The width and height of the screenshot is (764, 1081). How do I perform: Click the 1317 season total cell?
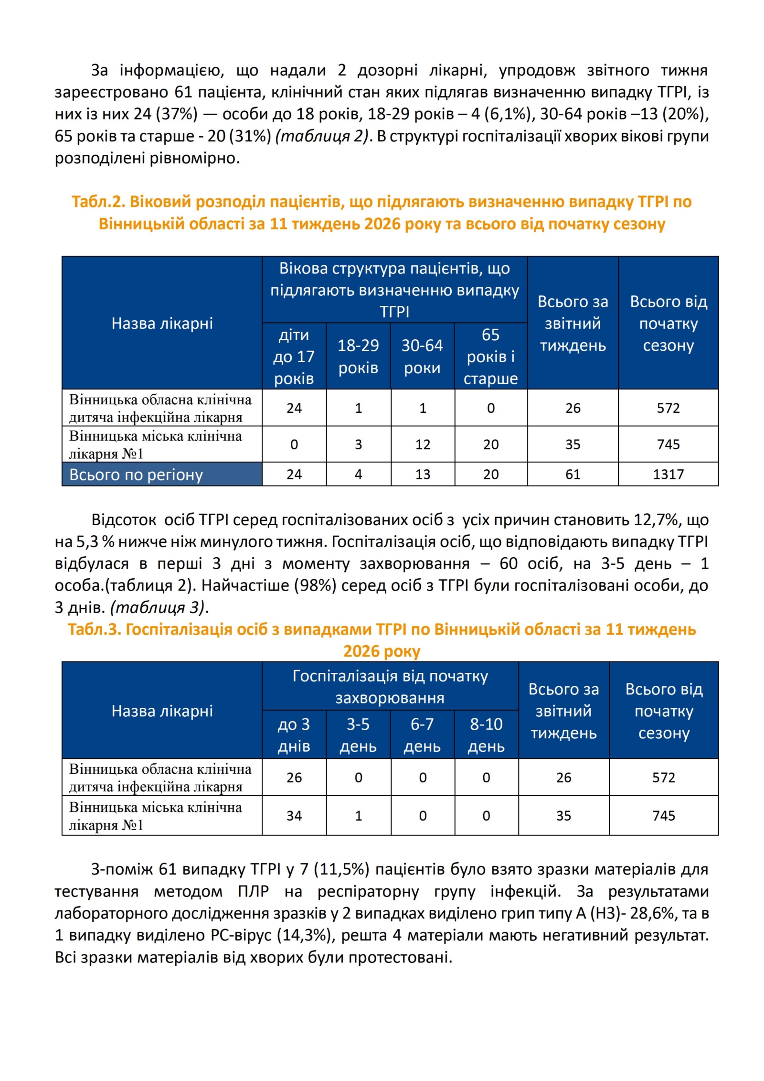[668, 474]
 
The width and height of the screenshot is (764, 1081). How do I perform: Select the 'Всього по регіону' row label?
[136, 475]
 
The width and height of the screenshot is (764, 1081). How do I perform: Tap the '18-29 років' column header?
[358, 356]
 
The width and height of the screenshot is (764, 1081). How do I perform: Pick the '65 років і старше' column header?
[490, 356]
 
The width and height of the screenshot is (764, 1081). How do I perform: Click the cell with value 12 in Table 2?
[423, 444]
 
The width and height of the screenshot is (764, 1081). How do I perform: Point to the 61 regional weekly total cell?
[573, 474]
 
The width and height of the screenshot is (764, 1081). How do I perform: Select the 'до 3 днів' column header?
[294, 735]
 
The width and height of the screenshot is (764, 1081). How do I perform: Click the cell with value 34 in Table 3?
[294, 815]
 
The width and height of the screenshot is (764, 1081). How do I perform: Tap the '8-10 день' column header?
[486, 735]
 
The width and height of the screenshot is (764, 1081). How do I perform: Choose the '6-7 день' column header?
[422, 735]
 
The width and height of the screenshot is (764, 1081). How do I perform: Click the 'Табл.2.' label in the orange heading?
[98, 202]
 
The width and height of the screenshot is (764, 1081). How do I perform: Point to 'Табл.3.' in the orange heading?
[94, 629]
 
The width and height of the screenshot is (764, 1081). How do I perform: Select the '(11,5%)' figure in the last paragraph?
[341, 869]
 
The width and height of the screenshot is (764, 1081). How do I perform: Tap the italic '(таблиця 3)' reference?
[158, 607]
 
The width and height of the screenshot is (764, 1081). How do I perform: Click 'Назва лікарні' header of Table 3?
[162, 711]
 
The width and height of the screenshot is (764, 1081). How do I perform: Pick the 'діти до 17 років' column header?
[294, 356]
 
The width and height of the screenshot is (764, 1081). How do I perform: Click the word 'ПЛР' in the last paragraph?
[253, 891]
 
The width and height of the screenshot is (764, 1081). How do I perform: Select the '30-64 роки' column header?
[422, 356]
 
